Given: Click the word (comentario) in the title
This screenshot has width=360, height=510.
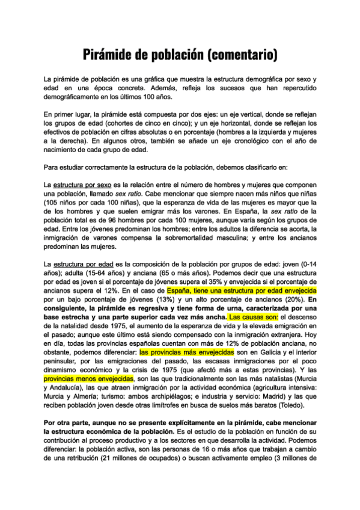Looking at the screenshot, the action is (x=238, y=55).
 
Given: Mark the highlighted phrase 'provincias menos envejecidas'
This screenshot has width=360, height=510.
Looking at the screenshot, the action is (x=88, y=380).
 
